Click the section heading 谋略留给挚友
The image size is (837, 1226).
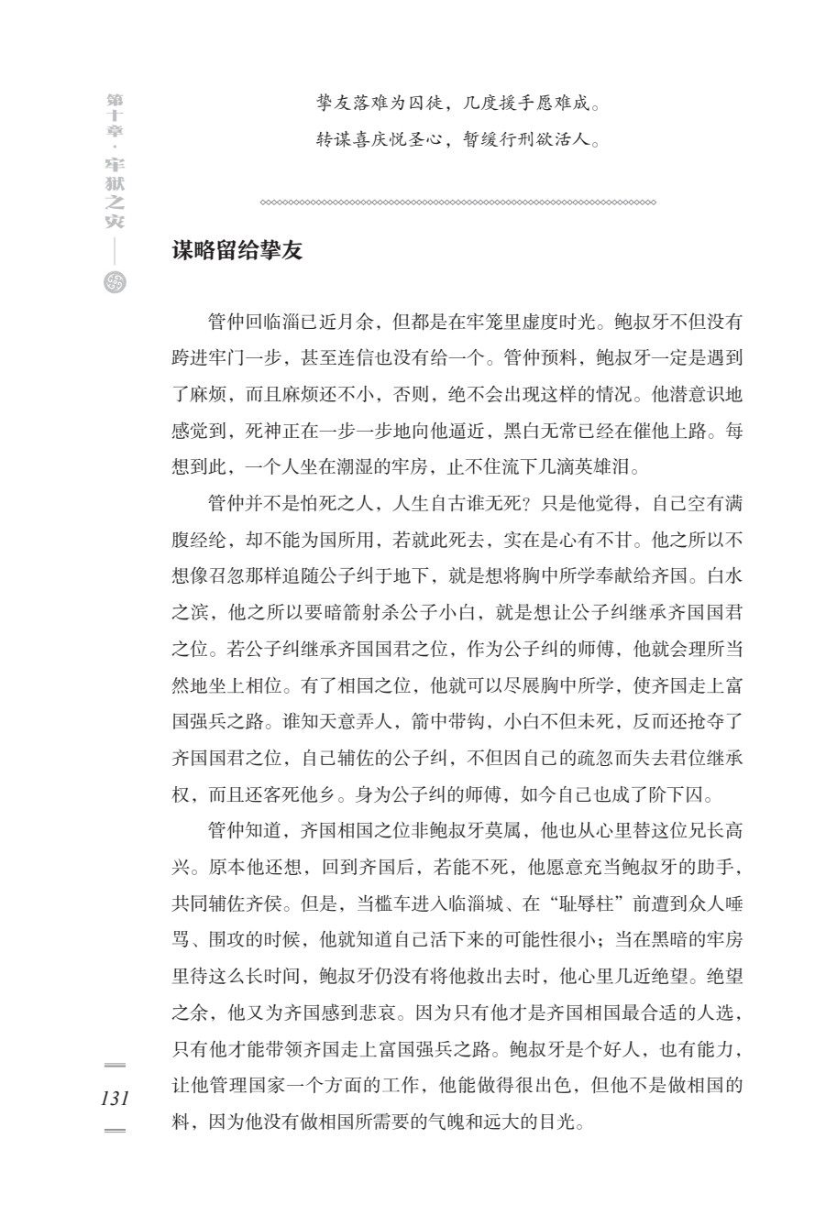pos(237,250)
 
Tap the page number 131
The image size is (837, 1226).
pos(115,1099)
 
